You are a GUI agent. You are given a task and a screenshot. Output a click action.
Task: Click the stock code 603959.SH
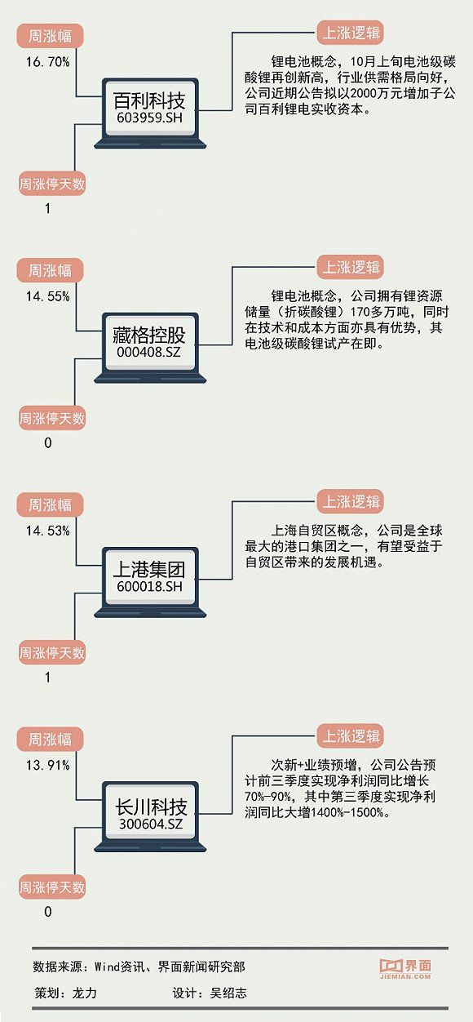pyautogui.click(x=149, y=118)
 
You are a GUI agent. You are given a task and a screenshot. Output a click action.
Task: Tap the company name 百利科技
pyautogui.click(x=149, y=100)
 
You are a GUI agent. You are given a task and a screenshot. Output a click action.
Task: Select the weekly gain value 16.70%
pyautogui.click(x=48, y=61)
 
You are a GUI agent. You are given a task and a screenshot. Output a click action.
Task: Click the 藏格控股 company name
pyautogui.click(x=149, y=335)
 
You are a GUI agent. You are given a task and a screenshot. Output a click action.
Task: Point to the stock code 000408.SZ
pyautogui.click(x=148, y=352)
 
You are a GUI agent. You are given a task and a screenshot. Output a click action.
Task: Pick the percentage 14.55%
pyautogui.click(x=48, y=296)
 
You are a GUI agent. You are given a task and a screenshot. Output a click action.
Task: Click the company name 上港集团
pyautogui.click(x=149, y=570)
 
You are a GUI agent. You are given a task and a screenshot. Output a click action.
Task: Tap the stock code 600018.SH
pyautogui.click(x=149, y=587)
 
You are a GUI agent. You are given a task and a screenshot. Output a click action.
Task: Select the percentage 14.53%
pyautogui.click(x=48, y=531)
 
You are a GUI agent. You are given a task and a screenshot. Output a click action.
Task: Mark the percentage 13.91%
pyautogui.click(x=48, y=765)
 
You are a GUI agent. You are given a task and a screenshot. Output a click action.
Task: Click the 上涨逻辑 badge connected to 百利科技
pyautogui.click(x=351, y=33)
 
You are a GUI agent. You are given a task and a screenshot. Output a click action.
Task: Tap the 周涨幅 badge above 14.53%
pyautogui.click(x=50, y=505)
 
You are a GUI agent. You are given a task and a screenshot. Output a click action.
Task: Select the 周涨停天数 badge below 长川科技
pyautogui.click(x=52, y=887)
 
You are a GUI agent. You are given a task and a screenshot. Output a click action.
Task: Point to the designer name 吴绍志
pyautogui.click(x=228, y=993)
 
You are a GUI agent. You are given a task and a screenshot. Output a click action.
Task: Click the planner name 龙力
pyautogui.click(x=85, y=993)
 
